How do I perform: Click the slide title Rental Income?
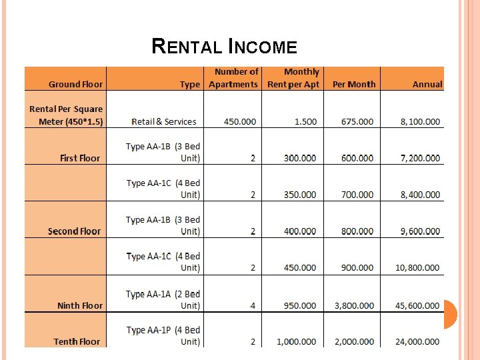click(x=224, y=47)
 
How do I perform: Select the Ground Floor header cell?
click(x=76, y=85)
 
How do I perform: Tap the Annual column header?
click(x=427, y=85)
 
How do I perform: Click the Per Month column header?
click(x=354, y=85)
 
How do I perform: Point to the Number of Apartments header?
click(x=233, y=78)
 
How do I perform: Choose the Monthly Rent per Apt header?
click(x=293, y=78)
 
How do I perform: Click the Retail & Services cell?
click(x=164, y=122)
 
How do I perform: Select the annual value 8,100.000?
click(x=420, y=122)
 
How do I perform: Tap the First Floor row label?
click(x=80, y=158)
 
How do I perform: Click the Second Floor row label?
click(x=74, y=231)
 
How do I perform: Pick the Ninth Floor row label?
click(x=80, y=305)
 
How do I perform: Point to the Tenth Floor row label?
click(x=77, y=341)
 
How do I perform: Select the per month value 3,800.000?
click(x=354, y=305)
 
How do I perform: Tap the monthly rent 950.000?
click(x=300, y=305)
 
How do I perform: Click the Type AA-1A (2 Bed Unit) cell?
click(x=163, y=299)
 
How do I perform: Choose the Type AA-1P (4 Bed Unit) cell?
click(x=163, y=335)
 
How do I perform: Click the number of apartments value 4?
click(x=253, y=305)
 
